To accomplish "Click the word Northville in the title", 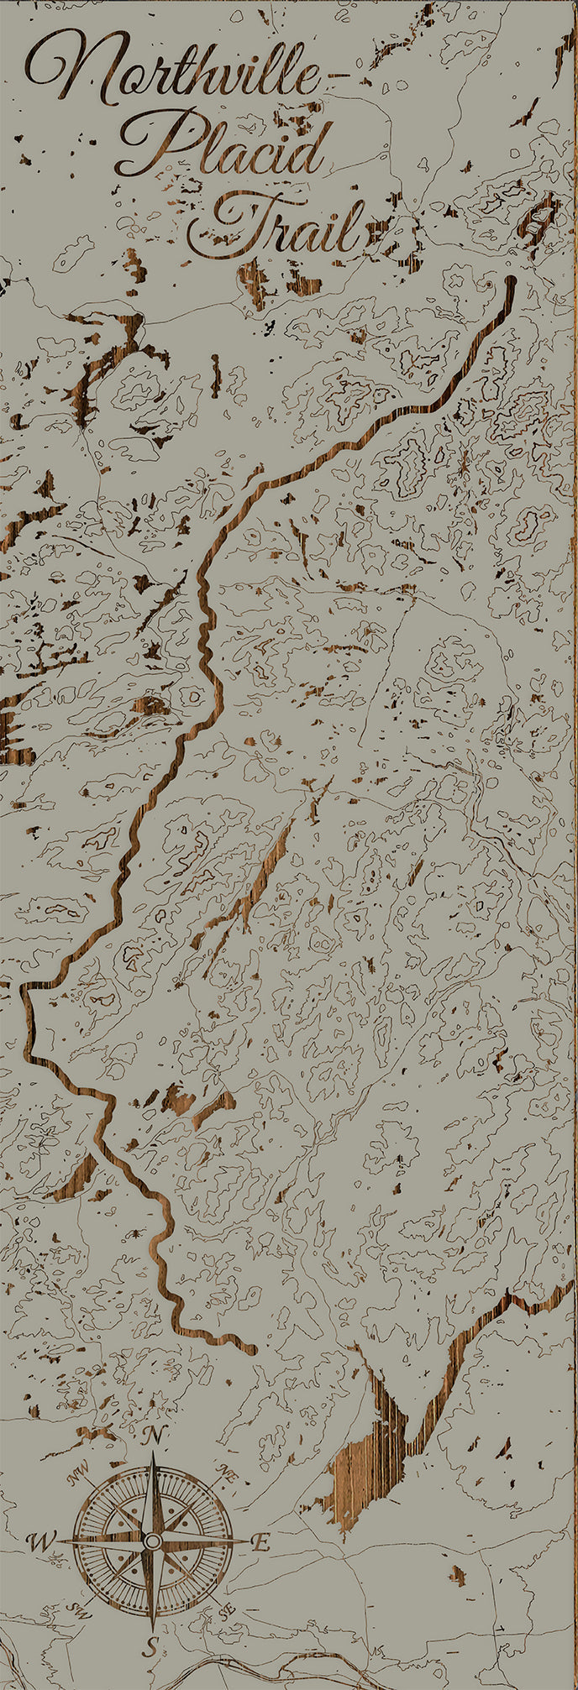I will click(x=172, y=71).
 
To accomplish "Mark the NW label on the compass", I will click(x=80, y=1469).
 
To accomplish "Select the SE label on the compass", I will click(x=225, y=1612).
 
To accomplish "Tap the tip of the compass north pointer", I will click(x=153, y=1453).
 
